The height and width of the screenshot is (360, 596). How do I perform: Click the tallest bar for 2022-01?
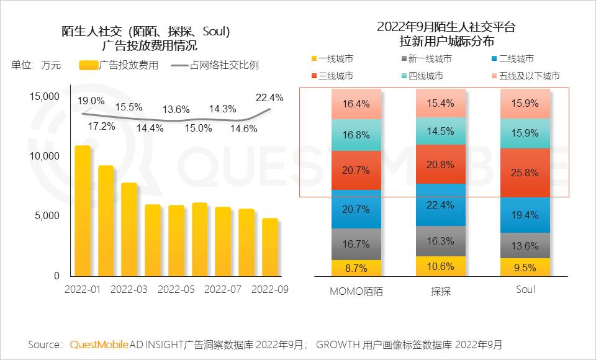[x=83, y=211]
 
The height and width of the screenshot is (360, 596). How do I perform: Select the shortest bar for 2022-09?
[x=270, y=247]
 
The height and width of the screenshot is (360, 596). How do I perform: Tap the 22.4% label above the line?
[x=269, y=97]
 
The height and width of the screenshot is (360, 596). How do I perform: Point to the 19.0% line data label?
[x=91, y=101]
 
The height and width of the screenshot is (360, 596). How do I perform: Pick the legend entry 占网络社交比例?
[x=224, y=65]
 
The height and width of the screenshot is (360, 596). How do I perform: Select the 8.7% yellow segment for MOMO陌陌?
[x=356, y=269]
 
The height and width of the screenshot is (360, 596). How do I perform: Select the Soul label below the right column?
[x=526, y=290]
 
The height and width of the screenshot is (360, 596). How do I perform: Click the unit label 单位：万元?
[x=36, y=65]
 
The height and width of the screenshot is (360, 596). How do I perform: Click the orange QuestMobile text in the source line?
[x=99, y=344]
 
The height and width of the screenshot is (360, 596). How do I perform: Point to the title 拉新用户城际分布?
[x=447, y=42]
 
